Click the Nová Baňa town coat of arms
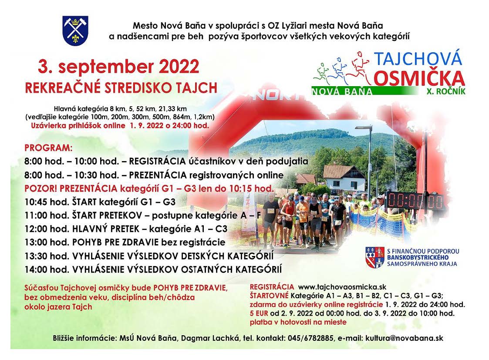pyautogui.click(x=75, y=31)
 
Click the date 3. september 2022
pyautogui.click(x=118, y=67)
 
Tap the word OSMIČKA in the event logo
pyautogui.click(x=419, y=78)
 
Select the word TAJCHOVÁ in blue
pyautogui.click(x=418, y=58)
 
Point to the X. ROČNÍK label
pyautogui.click(x=446, y=91)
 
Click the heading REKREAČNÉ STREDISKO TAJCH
pyautogui.click(x=121, y=88)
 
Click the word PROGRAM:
pyautogui.click(x=48, y=148)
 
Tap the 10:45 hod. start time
pyautogui.click(x=47, y=202)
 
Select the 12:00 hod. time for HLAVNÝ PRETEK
pyautogui.click(x=47, y=229)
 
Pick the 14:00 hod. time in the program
pyautogui.click(x=47, y=269)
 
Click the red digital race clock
pyautogui.click(x=415, y=201)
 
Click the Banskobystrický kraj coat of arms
pyautogui.click(x=375, y=257)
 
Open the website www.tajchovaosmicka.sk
pyautogui.click(x=342, y=287)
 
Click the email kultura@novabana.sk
pyautogui.click(x=404, y=338)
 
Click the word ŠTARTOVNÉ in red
pyautogui.click(x=270, y=296)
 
